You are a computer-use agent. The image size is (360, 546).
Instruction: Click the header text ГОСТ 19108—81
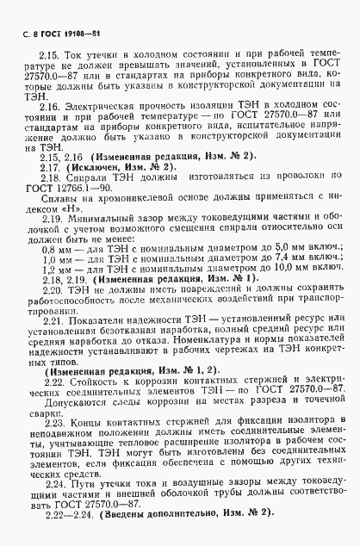63,11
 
